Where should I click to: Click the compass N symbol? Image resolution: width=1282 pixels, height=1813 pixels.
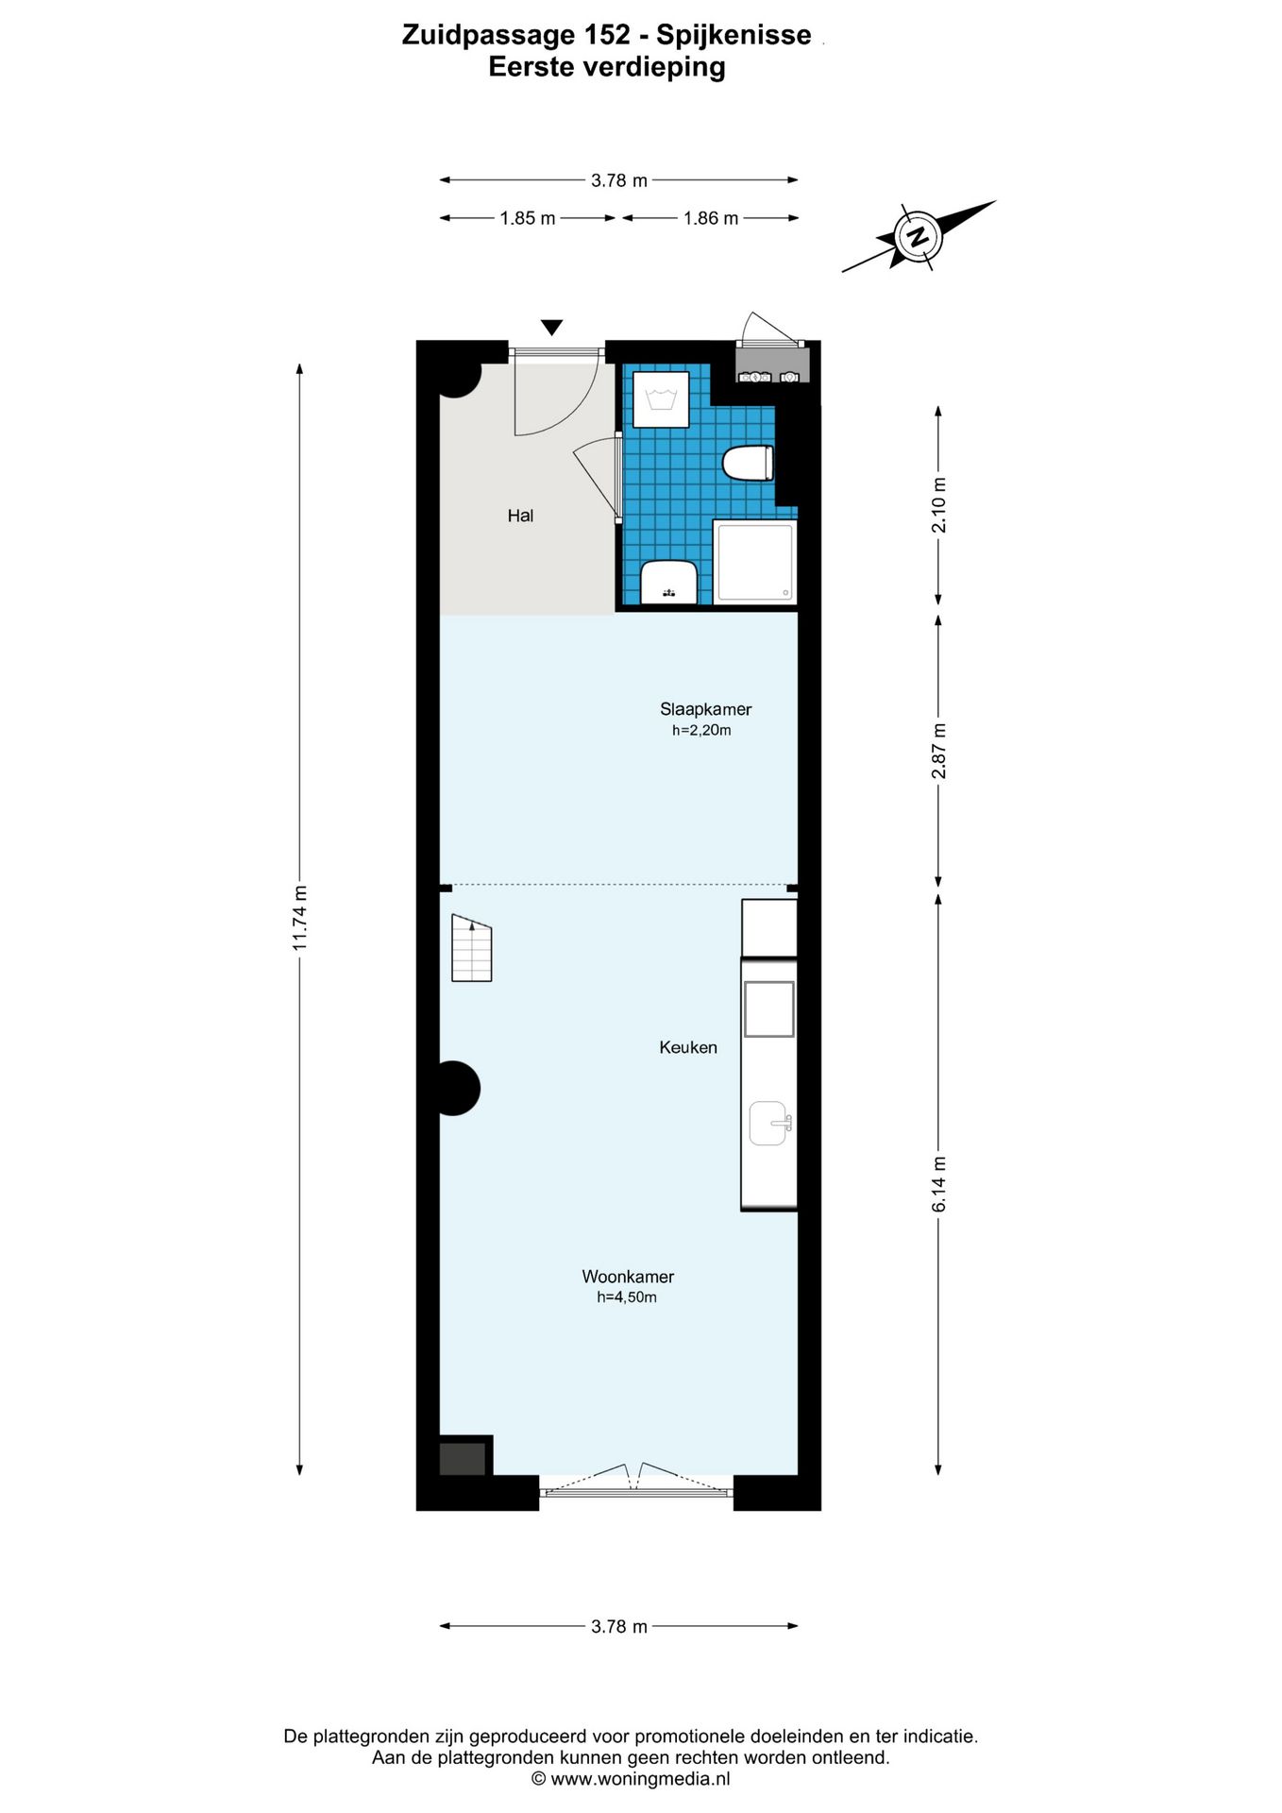point(916,236)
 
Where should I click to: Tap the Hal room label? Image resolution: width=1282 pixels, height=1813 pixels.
point(520,516)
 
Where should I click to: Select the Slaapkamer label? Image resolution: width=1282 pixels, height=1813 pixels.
point(705,709)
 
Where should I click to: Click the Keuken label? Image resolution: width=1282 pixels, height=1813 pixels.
point(687,1047)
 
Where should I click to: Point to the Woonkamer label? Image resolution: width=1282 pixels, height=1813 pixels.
point(627,1277)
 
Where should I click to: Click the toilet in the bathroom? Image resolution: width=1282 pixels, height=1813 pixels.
point(748,464)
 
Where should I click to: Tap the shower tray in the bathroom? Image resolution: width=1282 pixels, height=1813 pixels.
point(754,562)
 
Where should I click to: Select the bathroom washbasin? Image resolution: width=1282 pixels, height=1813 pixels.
point(668,581)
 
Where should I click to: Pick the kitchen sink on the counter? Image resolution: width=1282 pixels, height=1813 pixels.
point(768,1123)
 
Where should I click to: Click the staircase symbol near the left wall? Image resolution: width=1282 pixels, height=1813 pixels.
point(471,948)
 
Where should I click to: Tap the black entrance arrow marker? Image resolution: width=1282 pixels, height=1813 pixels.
point(552,328)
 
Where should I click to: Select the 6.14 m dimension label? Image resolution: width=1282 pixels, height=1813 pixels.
point(938,1184)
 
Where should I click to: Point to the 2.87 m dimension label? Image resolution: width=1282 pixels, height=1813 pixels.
point(938,751)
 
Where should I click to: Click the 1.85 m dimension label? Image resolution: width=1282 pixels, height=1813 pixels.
point(528,218)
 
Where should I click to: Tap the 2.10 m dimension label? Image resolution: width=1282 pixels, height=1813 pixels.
point(938,505)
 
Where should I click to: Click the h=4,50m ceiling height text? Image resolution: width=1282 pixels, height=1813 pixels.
point(626,1297)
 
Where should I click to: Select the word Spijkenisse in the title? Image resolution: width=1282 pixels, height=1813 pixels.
point(734,36)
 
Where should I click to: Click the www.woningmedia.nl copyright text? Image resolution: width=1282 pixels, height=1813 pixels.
point(631,1779)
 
